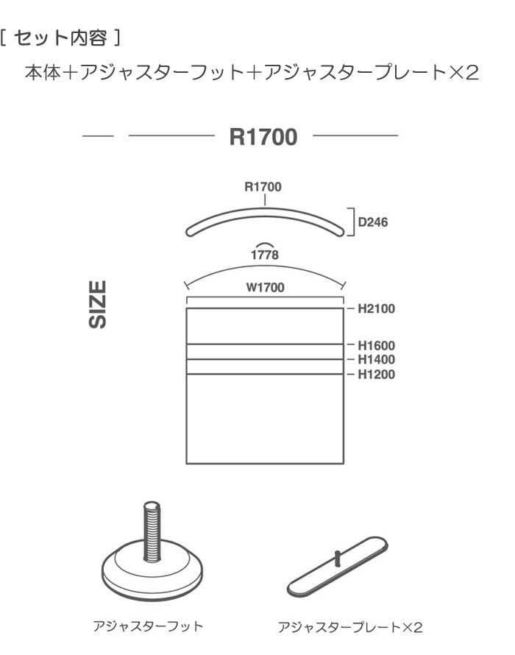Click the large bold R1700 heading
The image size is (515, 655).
(x=263, y=137)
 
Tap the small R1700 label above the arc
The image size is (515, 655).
(x=263, y=187)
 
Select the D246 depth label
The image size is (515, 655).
(x=373, y=222)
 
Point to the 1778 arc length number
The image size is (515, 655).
(x=265, y=255)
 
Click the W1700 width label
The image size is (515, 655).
(x=266, y=288)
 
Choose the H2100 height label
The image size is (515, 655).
(x=377, y=308)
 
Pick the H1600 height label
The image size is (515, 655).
(x=377, y=345)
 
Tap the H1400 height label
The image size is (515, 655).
(x=377, y=359)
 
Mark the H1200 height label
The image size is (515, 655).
(x=377, y=375)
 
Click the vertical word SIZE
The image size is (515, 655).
(x=98, y=305)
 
